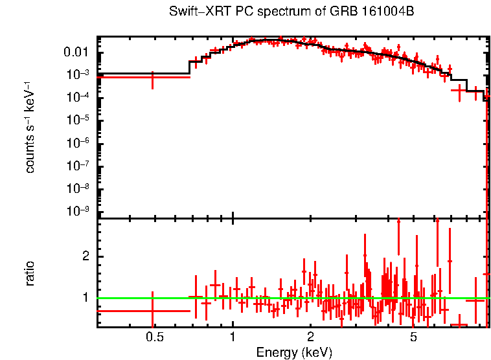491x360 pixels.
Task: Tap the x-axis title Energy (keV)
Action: [x=293, y=352]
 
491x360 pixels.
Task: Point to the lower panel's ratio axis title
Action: [x=30, y=273]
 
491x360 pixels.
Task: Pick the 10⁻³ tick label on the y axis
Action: [x=78, y=74]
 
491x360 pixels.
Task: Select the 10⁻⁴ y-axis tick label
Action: [x=78, y=97]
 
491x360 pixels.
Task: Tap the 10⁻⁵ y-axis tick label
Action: [x=78, y=120]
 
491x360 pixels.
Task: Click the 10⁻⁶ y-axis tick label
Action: [x=78, y=143]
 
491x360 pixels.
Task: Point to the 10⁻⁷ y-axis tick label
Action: [x=78, y=166]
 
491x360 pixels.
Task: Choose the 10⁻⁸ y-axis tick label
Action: [x=78, y=188]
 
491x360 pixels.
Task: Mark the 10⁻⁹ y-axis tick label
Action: [x=78, y=212]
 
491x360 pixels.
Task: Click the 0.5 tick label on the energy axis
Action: [x=154, y=338]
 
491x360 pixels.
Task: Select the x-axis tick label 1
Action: [x=233, y=338]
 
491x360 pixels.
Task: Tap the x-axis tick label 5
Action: [x=414, y=338]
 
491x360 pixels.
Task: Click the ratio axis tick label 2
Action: [x=86, y=256]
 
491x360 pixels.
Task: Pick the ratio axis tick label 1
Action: [x=86, y=298]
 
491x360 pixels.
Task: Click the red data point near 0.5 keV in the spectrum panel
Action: [x=152, y=77]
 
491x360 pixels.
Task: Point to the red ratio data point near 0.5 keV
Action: [x=152, y=311]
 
